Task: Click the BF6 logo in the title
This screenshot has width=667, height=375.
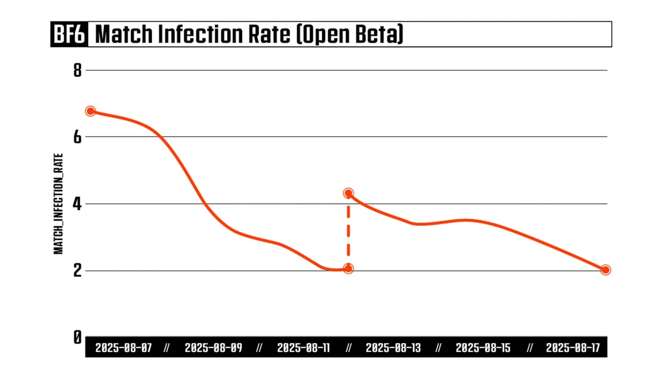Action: click(69, 34)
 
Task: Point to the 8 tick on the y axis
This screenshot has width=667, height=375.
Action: click(77, 70)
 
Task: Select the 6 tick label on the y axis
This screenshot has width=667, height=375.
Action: click(77, 137)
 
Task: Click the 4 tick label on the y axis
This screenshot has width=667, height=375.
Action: click(77, 204)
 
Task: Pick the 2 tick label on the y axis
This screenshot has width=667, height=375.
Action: click(77, 271)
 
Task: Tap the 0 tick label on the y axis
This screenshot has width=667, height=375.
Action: click(77, 337)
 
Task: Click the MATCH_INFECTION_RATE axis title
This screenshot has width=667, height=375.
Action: click(58, 204)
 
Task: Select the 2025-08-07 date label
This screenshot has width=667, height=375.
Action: click(124, 348)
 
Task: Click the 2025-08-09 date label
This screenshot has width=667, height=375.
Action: click(213, 348)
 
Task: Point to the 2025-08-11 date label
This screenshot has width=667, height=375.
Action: click(303, 348)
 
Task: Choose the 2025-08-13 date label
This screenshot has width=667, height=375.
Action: click(393, 348)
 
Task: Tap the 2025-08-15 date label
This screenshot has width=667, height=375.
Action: click(483, 348)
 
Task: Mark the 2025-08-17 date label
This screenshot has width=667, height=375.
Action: click(573, 348)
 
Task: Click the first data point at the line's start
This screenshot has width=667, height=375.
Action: click(90, 111)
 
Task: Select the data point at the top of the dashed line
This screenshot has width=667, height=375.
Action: click(348, 193)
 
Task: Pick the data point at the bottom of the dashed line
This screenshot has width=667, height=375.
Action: click(348, 269)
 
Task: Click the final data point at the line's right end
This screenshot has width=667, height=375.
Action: click(606, 270)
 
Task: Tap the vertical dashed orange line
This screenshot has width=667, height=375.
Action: click(348, 231)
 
